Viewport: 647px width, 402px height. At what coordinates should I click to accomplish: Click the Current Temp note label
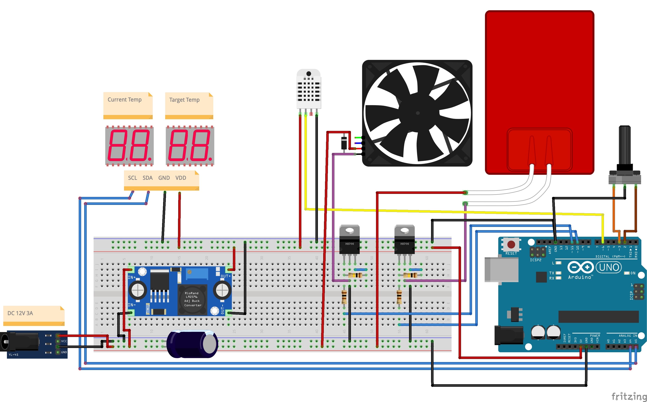[124, 100]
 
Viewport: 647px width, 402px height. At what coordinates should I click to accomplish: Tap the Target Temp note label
[184, 100]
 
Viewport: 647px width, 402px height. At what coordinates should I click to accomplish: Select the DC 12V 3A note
[20, 313]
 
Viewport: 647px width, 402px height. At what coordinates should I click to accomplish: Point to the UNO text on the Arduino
[609, 267]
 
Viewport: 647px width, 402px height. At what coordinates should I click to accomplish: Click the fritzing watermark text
[629, 396]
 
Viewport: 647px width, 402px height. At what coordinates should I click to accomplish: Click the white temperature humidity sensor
[309, 89]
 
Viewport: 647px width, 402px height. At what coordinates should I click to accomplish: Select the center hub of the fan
[418, 113]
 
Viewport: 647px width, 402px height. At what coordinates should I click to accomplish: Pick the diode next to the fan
[344, 143]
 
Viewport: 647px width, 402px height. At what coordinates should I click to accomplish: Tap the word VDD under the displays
[181, 178]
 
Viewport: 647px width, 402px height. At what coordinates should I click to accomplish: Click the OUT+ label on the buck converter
[226, 276]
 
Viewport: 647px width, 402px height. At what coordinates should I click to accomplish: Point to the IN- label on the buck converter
[132, 305]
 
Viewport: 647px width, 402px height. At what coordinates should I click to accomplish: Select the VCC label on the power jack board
[64, 341]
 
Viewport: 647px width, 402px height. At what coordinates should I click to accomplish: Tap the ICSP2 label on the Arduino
[535, 260]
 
